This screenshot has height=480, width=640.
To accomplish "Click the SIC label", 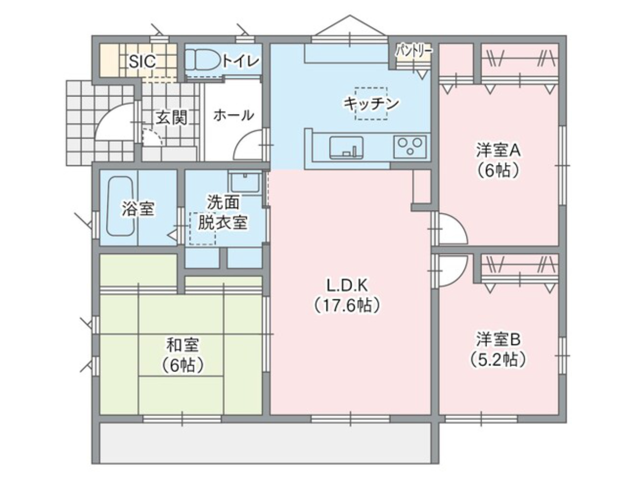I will click(142, 61).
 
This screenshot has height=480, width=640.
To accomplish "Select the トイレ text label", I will click(241, 61).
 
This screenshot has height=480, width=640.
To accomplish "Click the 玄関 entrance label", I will click(171, 118).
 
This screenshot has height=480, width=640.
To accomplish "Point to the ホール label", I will click(233, 115).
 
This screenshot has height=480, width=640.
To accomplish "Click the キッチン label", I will click(370, 103).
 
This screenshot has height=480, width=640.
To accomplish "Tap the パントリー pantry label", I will click(414, 50).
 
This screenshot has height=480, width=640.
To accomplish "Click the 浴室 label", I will click(137, 209).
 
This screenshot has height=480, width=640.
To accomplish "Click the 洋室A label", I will click(498, 149).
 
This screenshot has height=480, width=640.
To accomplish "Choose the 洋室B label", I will click(498, 339).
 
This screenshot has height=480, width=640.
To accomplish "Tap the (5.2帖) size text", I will click(498, 359).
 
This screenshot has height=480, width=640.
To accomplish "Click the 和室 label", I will click(182, 345).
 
